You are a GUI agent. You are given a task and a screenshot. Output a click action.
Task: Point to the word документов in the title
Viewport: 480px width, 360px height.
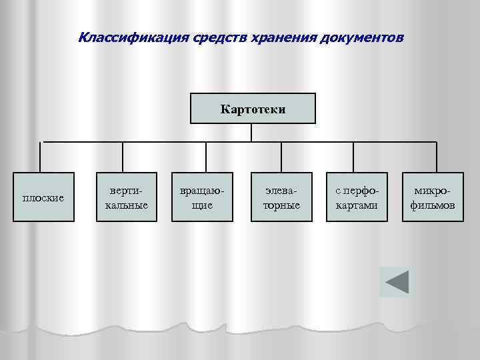[361, 36]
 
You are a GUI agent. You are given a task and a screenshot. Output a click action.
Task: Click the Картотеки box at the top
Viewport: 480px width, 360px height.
[253, 109]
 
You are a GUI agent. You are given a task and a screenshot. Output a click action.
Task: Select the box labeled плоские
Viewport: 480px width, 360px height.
[43, 197]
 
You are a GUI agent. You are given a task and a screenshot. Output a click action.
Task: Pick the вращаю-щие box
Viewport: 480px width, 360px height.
[202, 197]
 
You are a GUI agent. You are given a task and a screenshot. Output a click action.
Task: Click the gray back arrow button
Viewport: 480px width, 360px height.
[397, 281]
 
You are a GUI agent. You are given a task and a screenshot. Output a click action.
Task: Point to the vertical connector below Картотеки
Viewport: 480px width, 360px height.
[251, 133]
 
